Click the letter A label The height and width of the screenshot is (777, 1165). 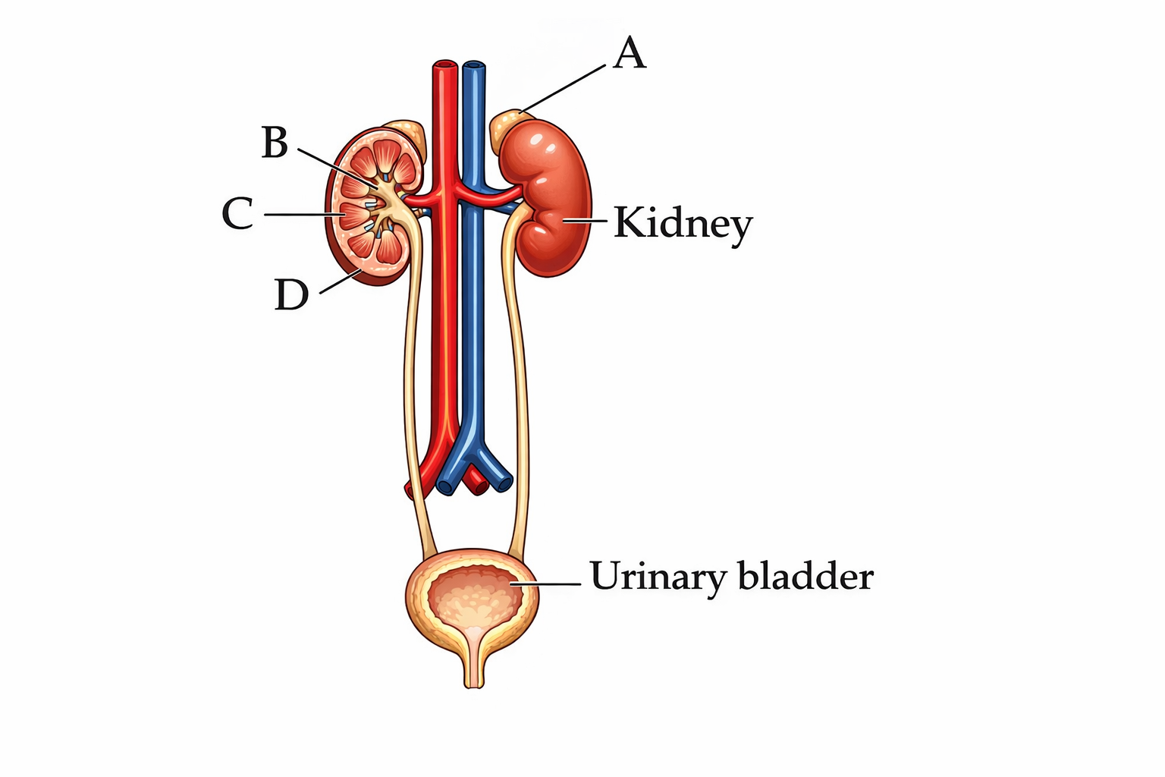[630, 55]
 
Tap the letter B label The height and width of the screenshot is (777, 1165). [275, 143]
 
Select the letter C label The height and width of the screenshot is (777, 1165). [237, 214]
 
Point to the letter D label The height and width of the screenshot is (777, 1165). [291, 295]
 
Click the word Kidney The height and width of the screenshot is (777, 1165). [683, 225]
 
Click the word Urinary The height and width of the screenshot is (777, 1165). [658, 577]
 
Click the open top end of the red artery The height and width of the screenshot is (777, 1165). [445, 67]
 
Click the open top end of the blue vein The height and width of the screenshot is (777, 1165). [475, 67]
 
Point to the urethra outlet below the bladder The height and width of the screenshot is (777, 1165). [473, 679]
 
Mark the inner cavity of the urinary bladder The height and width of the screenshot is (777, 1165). [473, 596]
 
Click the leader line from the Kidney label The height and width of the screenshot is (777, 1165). [586, 221]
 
